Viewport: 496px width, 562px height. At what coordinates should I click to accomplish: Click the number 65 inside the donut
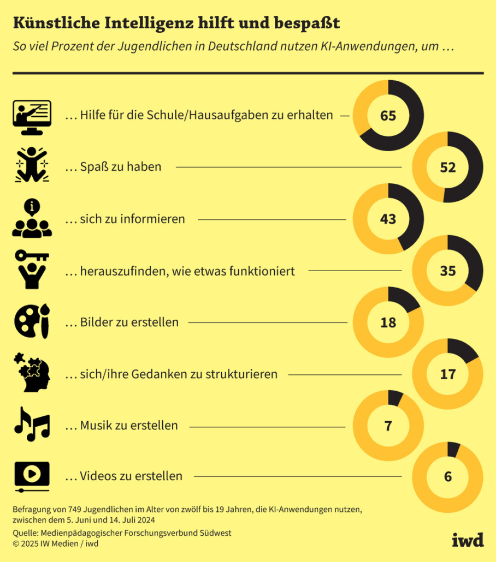(388, 116)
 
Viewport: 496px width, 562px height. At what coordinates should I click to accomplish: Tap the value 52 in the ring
(448, 168)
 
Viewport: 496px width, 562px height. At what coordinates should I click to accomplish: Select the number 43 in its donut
(388, 219)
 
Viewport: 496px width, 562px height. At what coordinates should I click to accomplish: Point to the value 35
(448, 271)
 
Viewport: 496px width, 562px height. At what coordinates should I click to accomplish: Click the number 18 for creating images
(388, 322)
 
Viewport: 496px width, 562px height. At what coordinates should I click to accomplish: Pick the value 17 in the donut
(448, 374)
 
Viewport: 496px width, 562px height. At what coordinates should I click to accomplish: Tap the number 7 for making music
(388, 426)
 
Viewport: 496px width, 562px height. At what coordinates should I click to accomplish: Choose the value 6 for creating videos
(448, 477)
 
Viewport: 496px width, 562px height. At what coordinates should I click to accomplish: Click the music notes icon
(32, 425)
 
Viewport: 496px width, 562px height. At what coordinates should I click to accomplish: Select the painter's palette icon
(32, 321)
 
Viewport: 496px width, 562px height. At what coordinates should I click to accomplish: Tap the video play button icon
(32, 477)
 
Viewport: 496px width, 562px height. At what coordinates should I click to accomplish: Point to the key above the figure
(32, 255)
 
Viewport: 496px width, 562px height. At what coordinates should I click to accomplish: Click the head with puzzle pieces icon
(32, 373)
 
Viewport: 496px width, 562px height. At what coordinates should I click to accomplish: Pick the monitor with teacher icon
(32, 117)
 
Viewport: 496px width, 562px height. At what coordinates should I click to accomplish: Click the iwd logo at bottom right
(468, 540)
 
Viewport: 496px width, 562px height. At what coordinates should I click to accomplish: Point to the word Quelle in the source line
(26, 533)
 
